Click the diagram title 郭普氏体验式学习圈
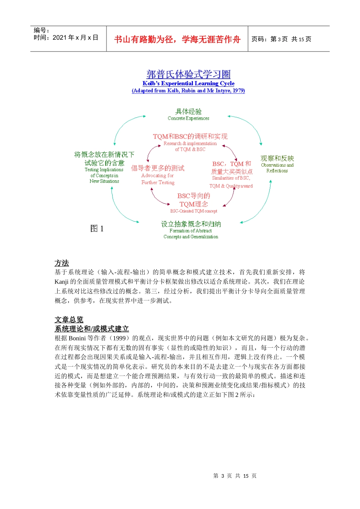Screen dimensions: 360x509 [188, 74]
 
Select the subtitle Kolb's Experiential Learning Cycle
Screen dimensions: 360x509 [188, 83]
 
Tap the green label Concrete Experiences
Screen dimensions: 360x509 [188, 118]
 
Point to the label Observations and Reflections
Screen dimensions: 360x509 [277, 168]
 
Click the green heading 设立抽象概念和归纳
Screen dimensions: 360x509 [191, 224]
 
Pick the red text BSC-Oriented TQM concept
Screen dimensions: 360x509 [194, 211]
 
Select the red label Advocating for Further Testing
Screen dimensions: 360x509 [158, 179]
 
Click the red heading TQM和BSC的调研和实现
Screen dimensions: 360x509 [190, 136]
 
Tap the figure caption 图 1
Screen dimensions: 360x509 [97, 228]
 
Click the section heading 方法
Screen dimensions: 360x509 [62, 263]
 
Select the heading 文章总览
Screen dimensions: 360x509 [69, 320]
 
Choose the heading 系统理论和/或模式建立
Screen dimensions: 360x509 [92, 329]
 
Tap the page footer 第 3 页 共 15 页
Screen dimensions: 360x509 [235, 476]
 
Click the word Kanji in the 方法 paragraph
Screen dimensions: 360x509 [61, 281]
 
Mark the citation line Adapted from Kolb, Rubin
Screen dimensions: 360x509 [188, 91]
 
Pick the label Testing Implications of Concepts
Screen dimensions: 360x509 [104, 175]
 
